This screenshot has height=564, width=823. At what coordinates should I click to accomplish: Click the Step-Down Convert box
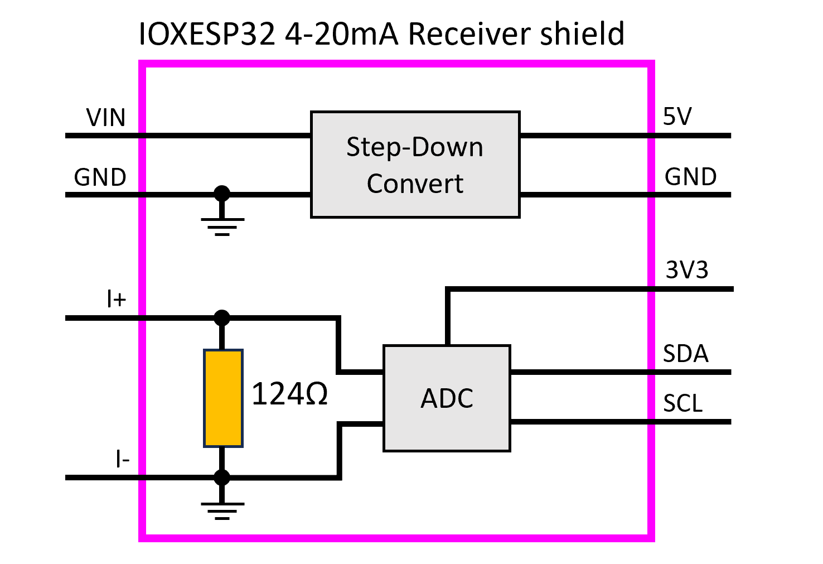(x=415, y=165)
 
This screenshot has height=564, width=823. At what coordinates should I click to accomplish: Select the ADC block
(x=447, y=398)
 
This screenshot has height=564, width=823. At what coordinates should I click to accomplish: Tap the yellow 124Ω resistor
(x=223, y=398)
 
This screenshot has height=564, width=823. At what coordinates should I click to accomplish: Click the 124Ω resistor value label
(x=289, y=394)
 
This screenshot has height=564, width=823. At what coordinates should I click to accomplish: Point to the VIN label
(x=106, y=118)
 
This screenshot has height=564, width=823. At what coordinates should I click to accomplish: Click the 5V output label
(x=677, y=117)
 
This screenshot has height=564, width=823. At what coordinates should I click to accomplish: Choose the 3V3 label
(x=686, y=270)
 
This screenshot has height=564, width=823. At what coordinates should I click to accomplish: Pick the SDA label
(x=685, y=354)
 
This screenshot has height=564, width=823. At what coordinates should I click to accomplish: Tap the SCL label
(x=682, y=403)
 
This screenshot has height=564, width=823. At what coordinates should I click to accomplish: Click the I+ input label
(x=116, y=300)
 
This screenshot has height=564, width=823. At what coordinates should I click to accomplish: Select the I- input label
(x=122, y=459)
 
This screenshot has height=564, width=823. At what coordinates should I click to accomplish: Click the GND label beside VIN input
(x=100, y=177)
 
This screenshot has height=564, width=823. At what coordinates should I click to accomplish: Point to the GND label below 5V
(x=690, y=177)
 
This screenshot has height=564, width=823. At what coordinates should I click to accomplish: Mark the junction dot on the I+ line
(x=222, y=318)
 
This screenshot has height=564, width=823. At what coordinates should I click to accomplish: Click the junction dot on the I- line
(x=222, y=478)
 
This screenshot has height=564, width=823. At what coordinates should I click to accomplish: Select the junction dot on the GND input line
(x=222, y=194)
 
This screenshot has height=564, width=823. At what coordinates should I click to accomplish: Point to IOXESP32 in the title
(x=207, y=34)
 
